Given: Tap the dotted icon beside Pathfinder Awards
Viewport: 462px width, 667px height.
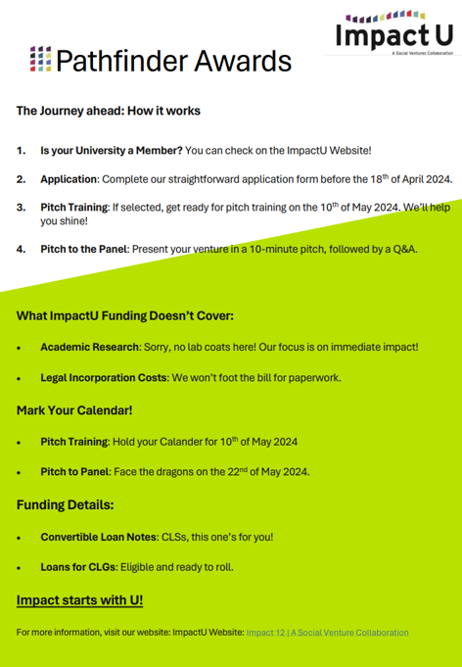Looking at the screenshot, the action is tap(41, 60).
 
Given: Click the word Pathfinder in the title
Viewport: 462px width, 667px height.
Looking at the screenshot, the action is tap(108, 61).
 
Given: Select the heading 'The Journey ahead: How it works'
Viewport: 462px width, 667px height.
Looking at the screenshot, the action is tap(108, 111).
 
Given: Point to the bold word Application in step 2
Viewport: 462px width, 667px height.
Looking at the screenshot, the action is tap(69, 180).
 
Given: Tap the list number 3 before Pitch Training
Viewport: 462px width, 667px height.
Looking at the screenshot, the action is tap(21, 209).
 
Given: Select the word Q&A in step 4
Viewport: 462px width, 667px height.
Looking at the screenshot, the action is tap(403, 249).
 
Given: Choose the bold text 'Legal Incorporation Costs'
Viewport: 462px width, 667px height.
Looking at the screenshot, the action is tap(104, 377).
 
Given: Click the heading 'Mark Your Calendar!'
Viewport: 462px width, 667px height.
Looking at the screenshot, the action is tap(74, 409).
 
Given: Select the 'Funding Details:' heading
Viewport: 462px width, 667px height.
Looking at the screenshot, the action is tap(66, 504).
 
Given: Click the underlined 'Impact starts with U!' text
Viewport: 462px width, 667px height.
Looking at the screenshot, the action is tap(80, 599).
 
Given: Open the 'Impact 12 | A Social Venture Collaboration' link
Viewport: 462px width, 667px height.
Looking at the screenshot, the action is tap(327, 633).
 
